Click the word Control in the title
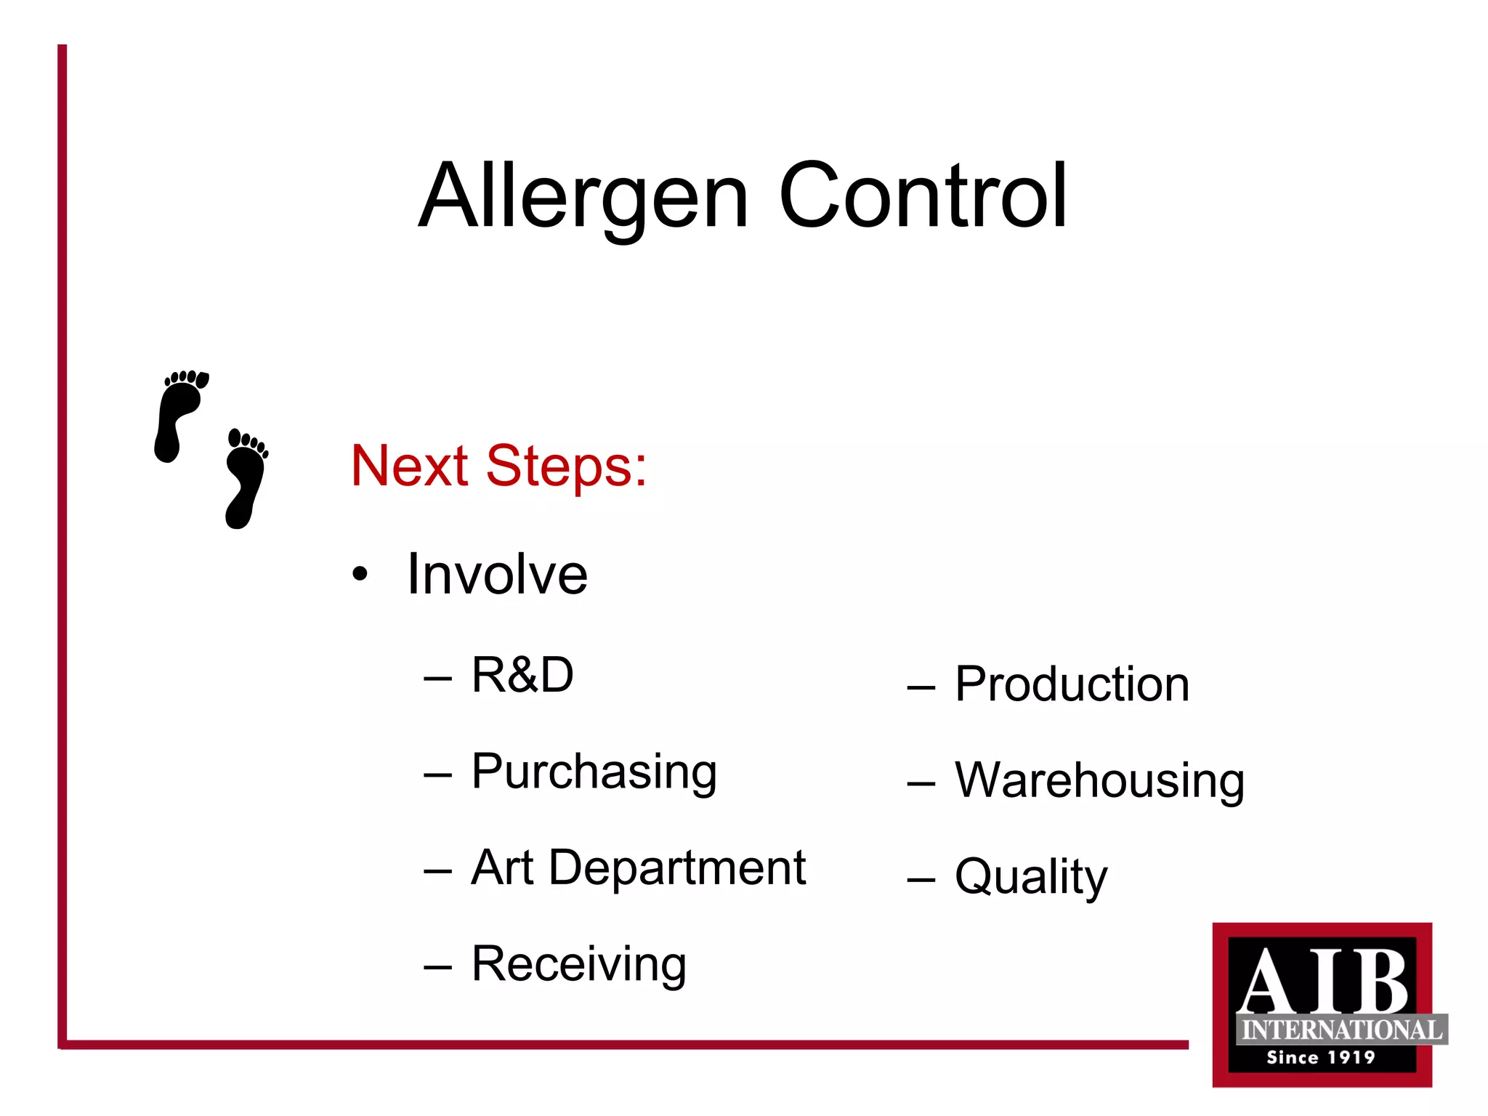923,196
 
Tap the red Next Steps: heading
498,466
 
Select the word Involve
497,575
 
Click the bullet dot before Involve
360,575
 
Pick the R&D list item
522,675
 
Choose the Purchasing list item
594,772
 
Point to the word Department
677,869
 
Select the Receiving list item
578,964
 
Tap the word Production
1072,684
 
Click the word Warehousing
1099,781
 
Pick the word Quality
1030,878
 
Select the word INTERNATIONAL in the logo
1341,1030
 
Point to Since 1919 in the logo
1321,1058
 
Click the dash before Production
921,687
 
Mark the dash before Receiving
437,967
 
